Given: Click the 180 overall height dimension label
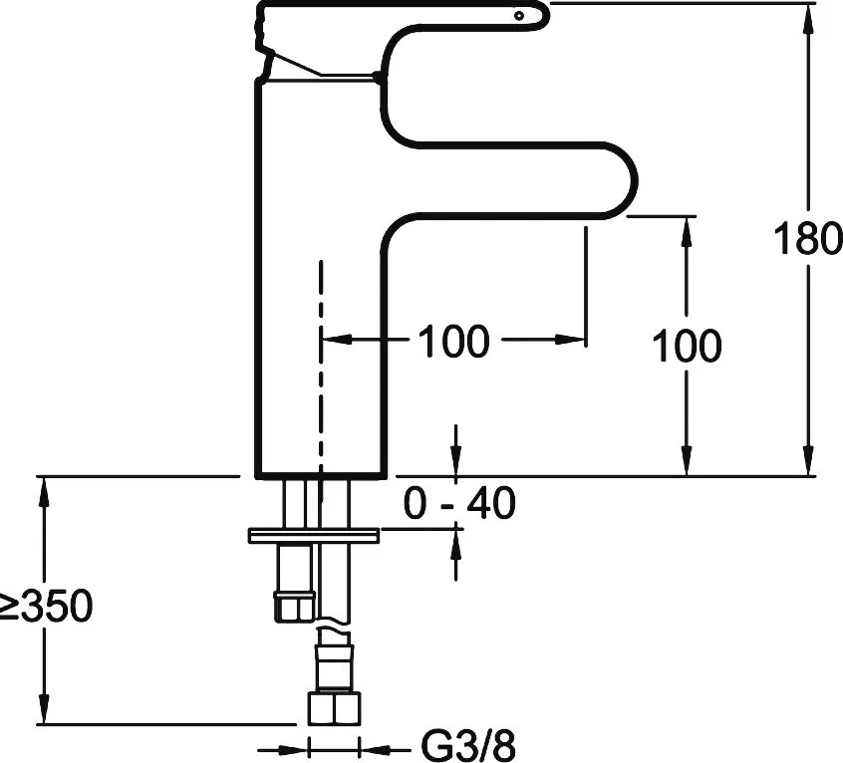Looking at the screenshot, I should (x=806, y=240).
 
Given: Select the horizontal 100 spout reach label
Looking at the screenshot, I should (x=453, y=342).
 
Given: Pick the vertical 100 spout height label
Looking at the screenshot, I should (x=686, y=346).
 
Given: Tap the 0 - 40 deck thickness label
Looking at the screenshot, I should (x=459, y=504).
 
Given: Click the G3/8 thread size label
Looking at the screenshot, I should (x=465, y=746).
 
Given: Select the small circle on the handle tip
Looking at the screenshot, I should (x=519, y=15).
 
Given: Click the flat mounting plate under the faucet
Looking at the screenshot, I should (x=314, y=535).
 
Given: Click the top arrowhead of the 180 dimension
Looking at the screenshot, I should (x=806, y=14).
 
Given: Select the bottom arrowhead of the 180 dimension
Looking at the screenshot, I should (x=806, y=464).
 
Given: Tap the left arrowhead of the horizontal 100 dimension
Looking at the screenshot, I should (x=333, y=341).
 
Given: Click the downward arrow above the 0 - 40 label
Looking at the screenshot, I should (x=456, y=464).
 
